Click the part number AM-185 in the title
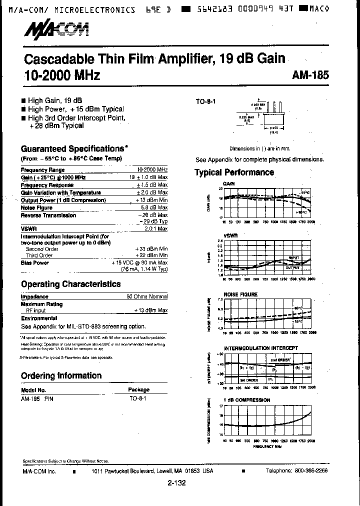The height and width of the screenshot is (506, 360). point(310,75)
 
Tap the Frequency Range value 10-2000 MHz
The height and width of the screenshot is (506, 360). point(152,170)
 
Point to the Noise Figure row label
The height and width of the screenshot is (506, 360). point(36,207)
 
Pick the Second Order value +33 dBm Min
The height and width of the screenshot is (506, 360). point(151,249)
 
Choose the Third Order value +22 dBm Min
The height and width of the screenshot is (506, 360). point(151,255)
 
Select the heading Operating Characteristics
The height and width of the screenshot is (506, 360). point(70,284)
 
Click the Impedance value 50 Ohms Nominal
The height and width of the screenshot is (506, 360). point(147,297)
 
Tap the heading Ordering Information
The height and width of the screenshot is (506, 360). point(61,376)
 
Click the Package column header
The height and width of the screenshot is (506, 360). point(138,389)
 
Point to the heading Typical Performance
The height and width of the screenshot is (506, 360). point(234,172)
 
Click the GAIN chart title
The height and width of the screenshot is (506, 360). point(228,183)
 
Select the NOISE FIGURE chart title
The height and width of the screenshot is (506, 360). point(240,294)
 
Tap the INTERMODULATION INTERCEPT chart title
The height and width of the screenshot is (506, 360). point(260,347)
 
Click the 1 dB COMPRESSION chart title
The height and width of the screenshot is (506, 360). point(246,400)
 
